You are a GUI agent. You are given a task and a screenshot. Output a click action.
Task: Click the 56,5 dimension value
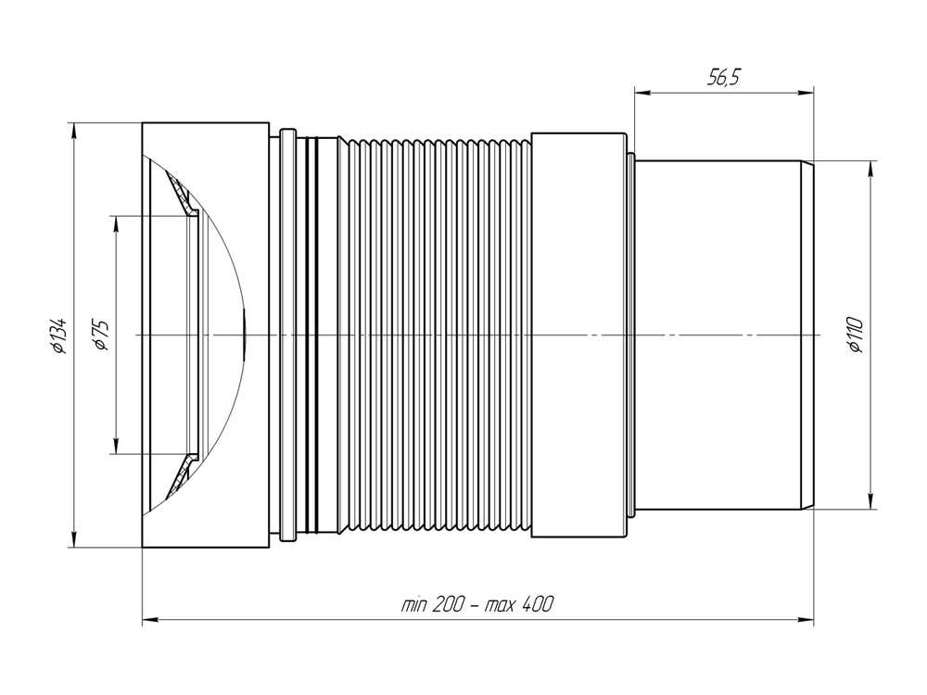point(723,78)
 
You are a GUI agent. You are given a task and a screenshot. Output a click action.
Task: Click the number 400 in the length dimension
point(537,604)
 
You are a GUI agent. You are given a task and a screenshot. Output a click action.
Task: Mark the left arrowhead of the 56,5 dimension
point(641,91)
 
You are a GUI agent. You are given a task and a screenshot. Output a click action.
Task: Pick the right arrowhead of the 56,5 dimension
point(806,91)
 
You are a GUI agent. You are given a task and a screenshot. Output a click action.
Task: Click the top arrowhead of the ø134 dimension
point(72,129)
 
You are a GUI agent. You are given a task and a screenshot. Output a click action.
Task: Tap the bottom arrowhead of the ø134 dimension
point(72,540)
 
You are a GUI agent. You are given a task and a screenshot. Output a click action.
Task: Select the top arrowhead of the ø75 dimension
point(116,223)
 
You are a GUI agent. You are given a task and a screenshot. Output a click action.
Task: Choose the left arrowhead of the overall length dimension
point(149,619)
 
